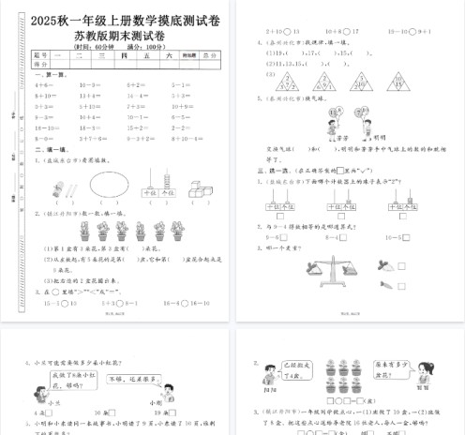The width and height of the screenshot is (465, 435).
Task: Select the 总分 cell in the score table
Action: click(208, 56)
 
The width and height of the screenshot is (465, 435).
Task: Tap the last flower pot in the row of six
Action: click(168, 231)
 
